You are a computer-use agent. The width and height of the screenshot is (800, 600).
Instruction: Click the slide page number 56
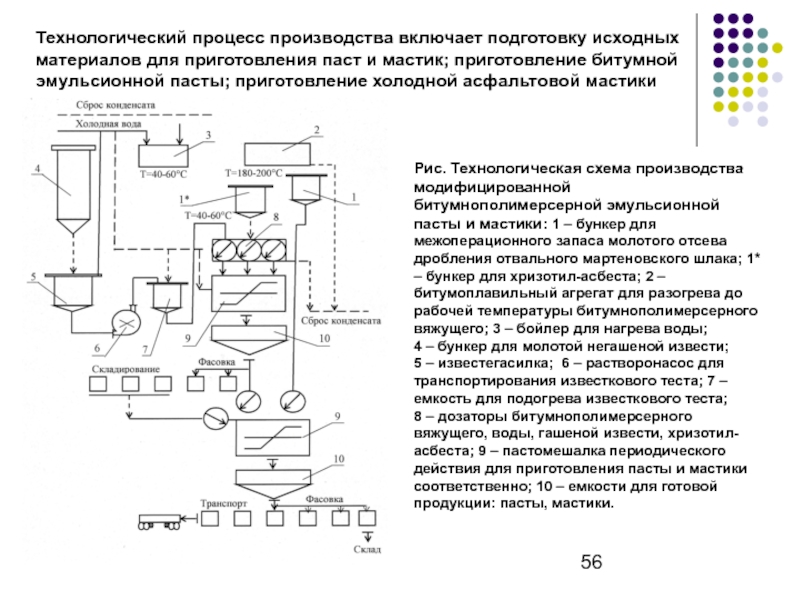(591, 562)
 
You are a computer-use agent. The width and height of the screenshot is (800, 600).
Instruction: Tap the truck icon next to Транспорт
(159, 521)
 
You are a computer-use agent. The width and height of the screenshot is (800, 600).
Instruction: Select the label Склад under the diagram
(367, 549)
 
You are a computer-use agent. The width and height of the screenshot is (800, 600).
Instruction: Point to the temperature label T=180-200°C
(254, 173)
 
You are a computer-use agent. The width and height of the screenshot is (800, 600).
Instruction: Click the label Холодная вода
(109, 124)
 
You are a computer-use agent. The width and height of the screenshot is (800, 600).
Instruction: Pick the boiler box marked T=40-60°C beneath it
(164, 156)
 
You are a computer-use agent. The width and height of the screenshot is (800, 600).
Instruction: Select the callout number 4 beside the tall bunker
(37, 169)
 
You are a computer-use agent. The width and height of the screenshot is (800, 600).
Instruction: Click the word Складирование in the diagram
(126, 369)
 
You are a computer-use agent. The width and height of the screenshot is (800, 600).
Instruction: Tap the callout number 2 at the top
(317, 130)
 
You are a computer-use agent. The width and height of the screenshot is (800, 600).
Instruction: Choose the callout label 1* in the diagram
(185, 199)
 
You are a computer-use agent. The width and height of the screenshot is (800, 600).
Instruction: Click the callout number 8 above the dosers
(276, 217)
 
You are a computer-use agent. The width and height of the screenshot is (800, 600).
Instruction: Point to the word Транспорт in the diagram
(223, 504)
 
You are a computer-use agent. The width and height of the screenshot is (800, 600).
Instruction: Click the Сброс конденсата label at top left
(115, 105)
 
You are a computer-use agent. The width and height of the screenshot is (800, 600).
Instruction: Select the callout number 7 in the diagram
(145, 349)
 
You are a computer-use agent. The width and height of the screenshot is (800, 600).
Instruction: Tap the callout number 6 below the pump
(97, 348)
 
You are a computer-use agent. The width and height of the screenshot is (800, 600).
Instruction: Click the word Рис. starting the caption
(428, 168)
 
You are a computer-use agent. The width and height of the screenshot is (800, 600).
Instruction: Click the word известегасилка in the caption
(494, 364)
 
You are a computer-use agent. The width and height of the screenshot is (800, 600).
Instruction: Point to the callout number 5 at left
(34, 277)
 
